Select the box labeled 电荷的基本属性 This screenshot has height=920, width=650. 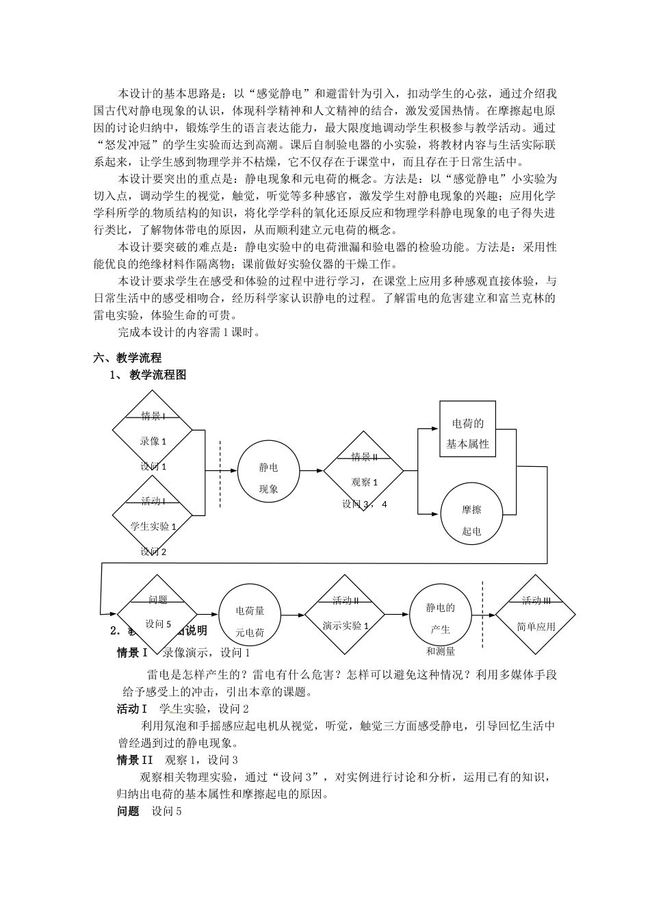(x=468, y=433)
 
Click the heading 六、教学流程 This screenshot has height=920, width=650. (x=127, y=357)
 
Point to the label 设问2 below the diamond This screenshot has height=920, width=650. (x=153, y=551)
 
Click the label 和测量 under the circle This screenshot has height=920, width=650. (x=441, y=652)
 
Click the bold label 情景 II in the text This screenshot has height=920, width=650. (x=135, y=760)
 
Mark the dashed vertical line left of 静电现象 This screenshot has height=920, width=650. (x=220, y=475)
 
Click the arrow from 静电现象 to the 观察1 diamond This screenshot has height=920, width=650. (x=311, y=470)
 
